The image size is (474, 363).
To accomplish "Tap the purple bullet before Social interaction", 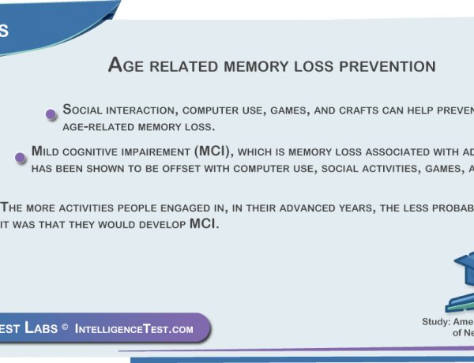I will click(x=51, y=114).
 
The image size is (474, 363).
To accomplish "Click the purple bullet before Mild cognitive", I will click(x=21, y=158).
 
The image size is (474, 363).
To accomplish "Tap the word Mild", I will click(x=47, y=152).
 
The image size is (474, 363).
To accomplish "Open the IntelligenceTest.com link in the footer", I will click(x=134, y=329).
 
